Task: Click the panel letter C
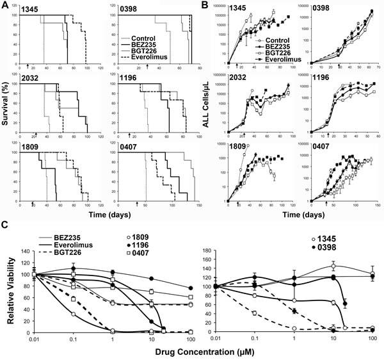tap(5, 224)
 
